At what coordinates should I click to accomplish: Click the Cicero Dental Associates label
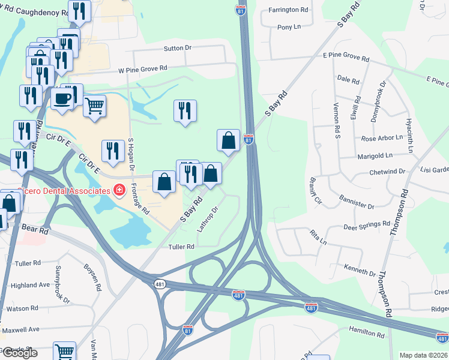tap(57, 190)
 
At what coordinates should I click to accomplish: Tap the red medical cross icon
tap(119, 190)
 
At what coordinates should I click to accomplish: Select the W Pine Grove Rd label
tap(142, 70)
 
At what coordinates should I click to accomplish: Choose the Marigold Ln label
tap(377, 155)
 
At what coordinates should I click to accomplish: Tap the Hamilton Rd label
tap(366, 333)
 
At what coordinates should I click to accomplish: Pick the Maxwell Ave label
tap(22, 329)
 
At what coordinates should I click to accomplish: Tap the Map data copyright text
tap(424, 355)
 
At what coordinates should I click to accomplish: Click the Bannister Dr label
tap(357, 202)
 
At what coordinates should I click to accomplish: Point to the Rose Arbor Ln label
tap(381, 139)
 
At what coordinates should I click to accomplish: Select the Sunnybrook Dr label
tap(63, 284)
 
